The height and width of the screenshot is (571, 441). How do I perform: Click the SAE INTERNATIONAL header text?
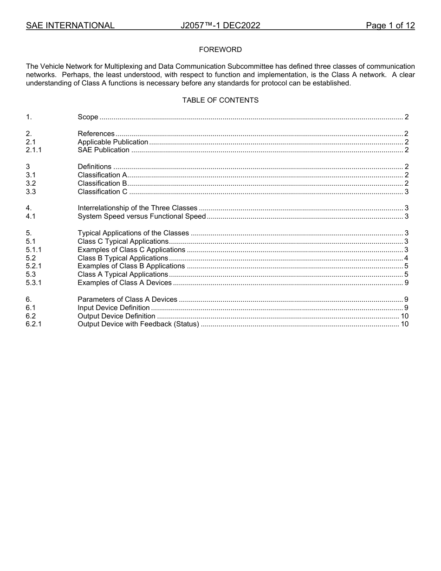[70, 26]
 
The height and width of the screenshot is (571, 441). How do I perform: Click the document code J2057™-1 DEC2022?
[220, 26]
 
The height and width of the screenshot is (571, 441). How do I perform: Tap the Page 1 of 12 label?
[390, 26]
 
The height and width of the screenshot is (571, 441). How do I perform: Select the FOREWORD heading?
[220, 50]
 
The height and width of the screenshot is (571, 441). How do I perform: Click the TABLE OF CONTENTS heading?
[220, 100]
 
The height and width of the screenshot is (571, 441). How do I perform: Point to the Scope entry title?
[88, 117]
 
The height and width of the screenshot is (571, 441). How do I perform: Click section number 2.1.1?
[33, 150]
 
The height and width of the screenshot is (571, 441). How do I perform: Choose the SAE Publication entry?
[104, 150]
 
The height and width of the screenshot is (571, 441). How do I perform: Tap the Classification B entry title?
[102, 183]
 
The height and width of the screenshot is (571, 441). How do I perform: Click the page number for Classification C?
[406, 192]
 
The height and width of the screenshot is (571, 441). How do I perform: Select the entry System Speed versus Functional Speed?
[142, 216]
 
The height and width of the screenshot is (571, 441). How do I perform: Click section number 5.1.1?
[33, 250]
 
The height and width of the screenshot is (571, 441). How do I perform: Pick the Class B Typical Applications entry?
[123, 258]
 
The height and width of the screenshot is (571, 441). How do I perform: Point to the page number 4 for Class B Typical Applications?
[406, 258]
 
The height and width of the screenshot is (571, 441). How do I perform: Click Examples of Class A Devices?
[124, 283]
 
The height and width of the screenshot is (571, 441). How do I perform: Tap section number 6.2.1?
[33, 324]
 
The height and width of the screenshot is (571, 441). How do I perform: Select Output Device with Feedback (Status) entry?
[138, 324]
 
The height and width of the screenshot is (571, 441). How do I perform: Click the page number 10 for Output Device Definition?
[404, 316]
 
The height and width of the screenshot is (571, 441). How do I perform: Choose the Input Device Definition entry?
[114, 308]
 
